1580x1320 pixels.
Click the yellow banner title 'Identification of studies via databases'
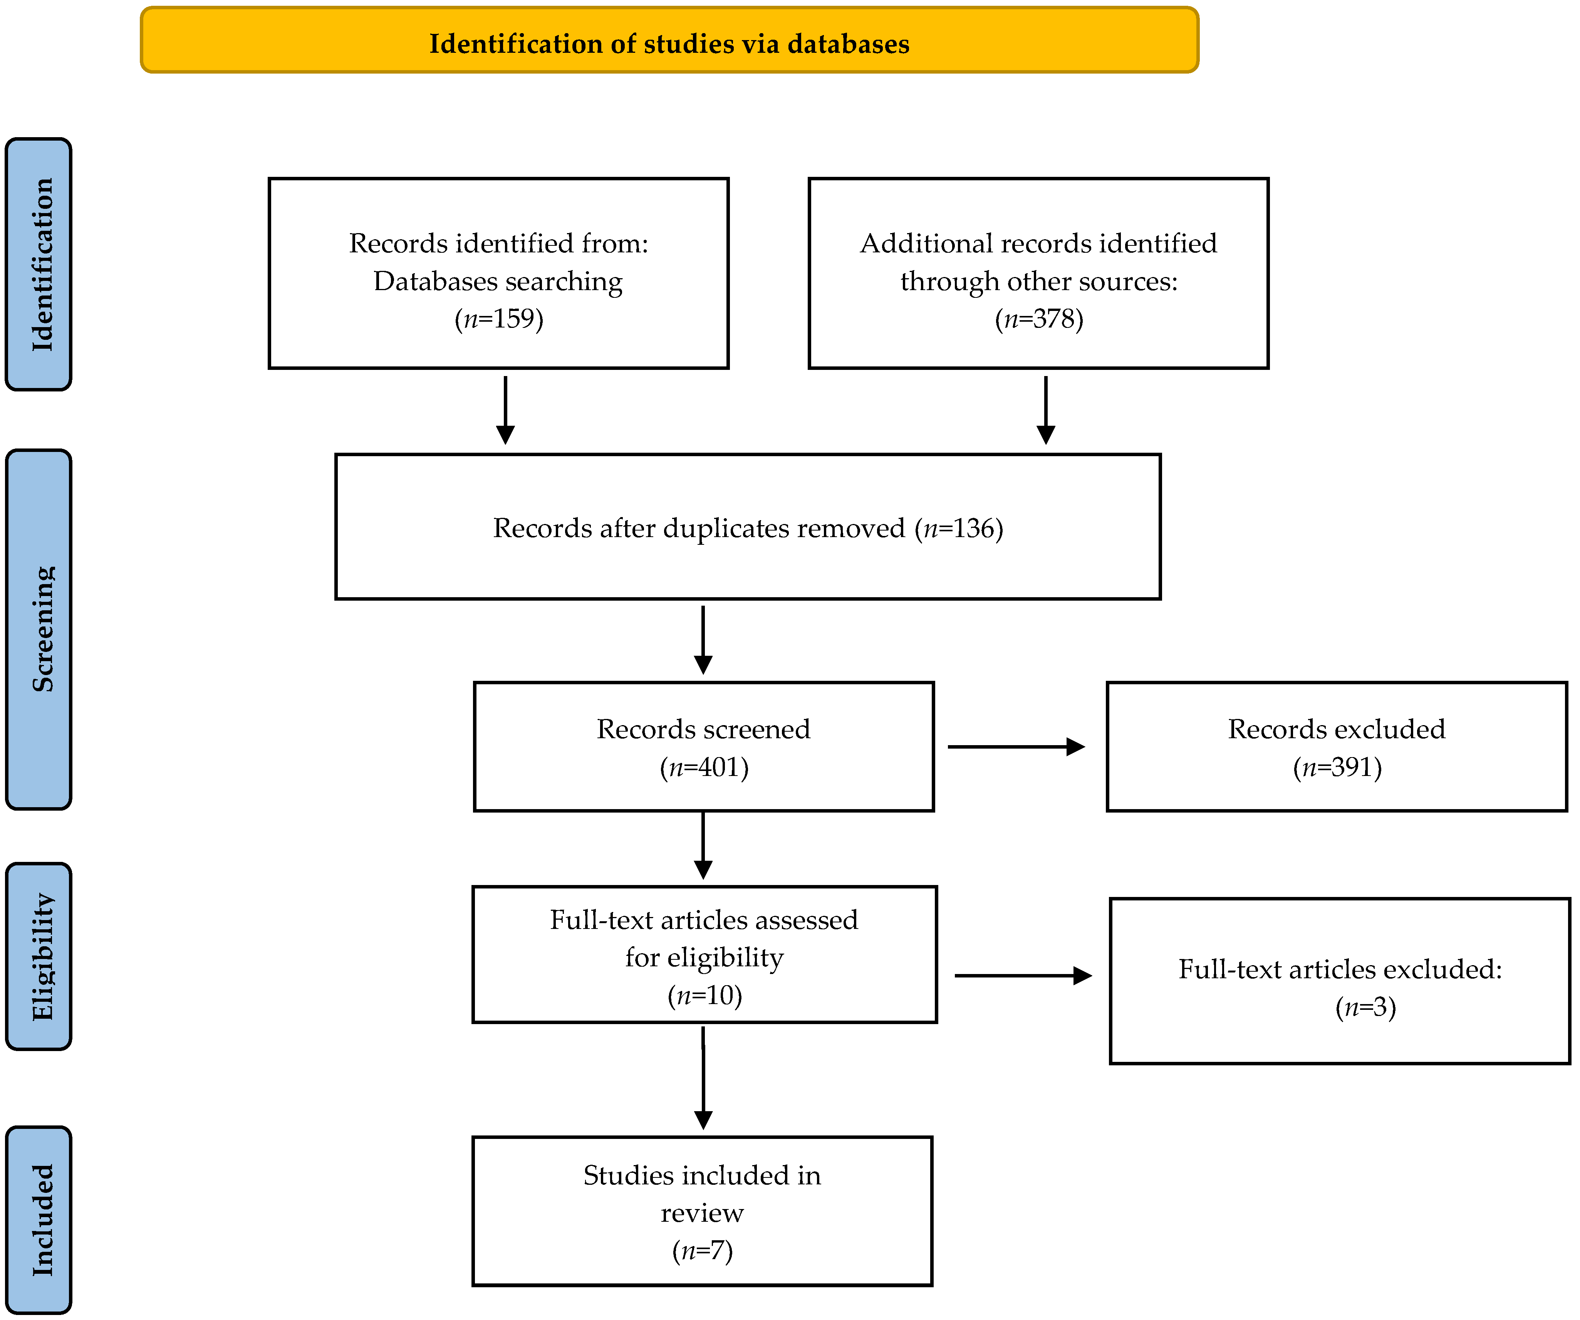coord(669,44)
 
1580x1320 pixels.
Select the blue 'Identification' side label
coord(40,264)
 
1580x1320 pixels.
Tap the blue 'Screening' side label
coord(40,629)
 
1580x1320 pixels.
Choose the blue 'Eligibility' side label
coord(40,957)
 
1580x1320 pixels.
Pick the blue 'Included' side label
coord(40,1219)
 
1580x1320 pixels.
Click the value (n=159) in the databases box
coord(499,319)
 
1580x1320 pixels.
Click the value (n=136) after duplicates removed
coord(959,528)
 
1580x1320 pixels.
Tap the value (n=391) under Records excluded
coord(1337,767)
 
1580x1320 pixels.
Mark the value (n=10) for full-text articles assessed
coord(704,996)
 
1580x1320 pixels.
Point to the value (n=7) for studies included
coord(702,1250)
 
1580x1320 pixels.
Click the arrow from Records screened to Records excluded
coord(1016,747)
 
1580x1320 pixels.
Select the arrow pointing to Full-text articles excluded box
coord(1023,975)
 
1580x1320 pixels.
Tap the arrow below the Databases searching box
coord(506,410)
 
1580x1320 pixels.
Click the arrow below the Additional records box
coord(1046,410)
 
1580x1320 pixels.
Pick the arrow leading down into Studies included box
coord(703,1078)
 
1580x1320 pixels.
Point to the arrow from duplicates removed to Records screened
coord(703,640)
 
